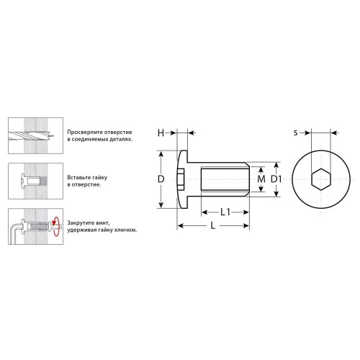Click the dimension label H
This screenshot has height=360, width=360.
161,132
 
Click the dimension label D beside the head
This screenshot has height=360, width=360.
161,179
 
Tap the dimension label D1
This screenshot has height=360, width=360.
276,179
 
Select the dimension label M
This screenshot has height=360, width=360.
261,179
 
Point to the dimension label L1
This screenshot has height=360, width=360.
225,212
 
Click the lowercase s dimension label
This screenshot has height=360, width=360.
296,132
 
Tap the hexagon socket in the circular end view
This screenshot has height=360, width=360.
321,179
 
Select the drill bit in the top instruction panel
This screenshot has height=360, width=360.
31,136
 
